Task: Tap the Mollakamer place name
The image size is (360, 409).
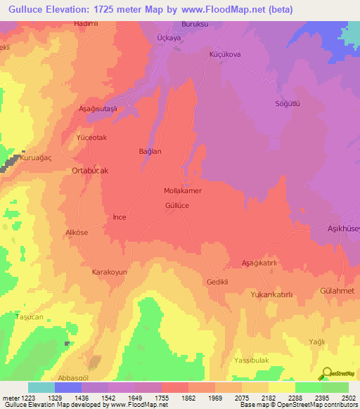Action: pyautogui.click(x=183, y=191)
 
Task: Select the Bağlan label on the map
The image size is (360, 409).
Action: pyautogui.click(x=150, y=151)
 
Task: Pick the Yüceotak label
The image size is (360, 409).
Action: pyautogui.click(x=91, y=138)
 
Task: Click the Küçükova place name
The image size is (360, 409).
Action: pyautogui.click(x=226, y=53)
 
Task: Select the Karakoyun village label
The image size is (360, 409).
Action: pyautogui.click(x=109, y=271)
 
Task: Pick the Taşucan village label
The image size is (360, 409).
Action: pyautogui.click(x=30, y=318)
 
